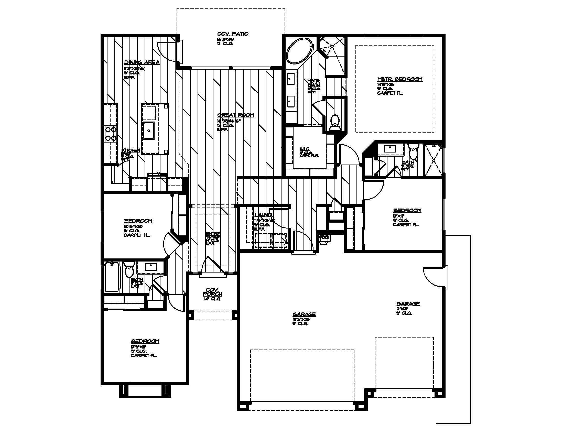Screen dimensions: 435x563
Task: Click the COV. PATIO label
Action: point(233,34)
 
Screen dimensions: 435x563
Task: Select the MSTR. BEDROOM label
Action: point(399,79)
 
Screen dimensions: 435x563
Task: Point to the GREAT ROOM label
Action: point(235,115)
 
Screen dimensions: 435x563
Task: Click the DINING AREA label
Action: point(142,62)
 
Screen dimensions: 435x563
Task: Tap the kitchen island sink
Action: point(148,130)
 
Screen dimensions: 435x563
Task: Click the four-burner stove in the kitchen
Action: point(111,134)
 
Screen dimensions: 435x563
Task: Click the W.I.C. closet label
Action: point(306,149)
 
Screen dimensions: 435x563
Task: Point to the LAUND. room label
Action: point(263,215)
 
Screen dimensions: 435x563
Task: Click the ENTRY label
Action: point(213,234)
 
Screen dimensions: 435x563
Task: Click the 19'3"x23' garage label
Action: point(304,314)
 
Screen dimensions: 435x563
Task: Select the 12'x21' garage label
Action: point(408,304)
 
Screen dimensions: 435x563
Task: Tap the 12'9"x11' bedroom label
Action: point(145,341)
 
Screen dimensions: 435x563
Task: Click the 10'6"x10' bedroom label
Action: point(138,221)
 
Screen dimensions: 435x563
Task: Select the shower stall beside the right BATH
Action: point(434,160)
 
